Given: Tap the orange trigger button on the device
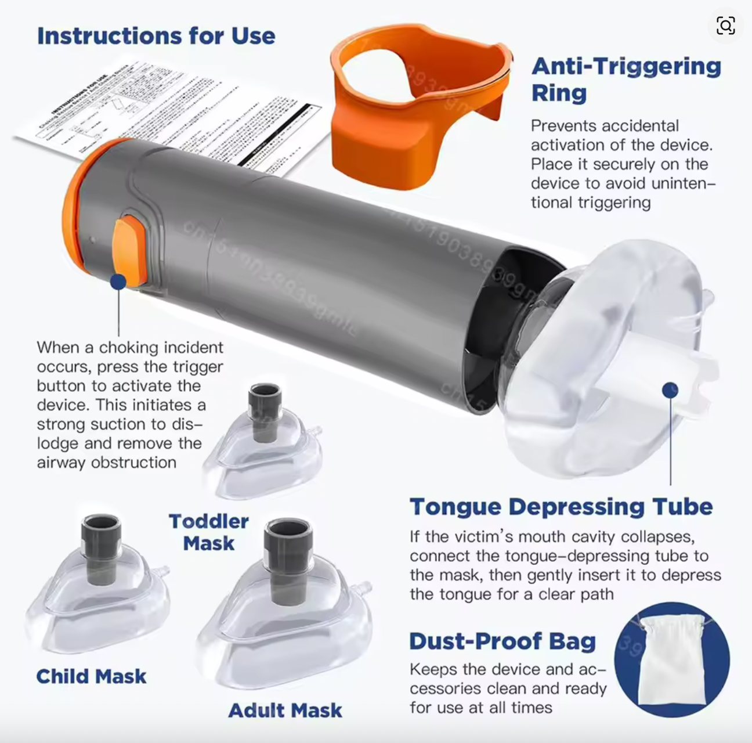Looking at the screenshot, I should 129,250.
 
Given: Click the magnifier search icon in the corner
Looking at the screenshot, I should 725,26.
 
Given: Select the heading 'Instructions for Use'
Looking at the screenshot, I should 156,36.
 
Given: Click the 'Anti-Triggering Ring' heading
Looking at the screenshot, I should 626,79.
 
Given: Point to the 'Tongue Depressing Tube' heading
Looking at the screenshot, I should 561,506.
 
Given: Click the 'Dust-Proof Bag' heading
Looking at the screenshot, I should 502,641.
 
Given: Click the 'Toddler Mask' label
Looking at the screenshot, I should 209,532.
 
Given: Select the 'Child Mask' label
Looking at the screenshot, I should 91,676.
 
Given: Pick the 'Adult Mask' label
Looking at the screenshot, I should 285,710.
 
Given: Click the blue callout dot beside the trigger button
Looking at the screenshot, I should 118,282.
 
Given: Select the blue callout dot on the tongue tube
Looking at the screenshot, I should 670,390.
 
